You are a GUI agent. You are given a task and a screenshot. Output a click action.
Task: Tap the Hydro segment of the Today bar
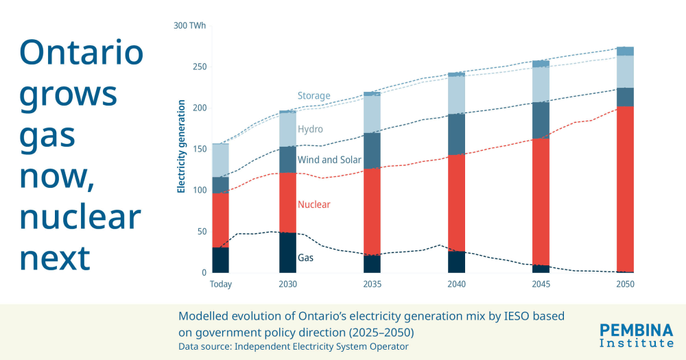tap(221, 160)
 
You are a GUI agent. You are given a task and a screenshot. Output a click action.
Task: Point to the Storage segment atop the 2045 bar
tap(541, 64)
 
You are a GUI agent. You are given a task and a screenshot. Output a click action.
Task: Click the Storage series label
tap(314, 96)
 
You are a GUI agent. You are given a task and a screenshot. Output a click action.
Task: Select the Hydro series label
tap(310, 129)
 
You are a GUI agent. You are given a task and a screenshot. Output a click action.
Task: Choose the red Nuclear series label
tap(314, 204)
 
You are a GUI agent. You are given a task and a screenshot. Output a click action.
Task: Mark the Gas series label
tap(305, 259)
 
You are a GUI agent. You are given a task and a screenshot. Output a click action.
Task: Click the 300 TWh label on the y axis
tap(189, 26)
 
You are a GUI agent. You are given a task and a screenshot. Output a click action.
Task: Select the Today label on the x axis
tap(221, 284)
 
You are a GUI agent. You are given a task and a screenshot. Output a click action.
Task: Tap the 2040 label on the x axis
tap(457, 284)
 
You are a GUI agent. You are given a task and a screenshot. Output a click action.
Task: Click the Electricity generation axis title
tap(182, 147)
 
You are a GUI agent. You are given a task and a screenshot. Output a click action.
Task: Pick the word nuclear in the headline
tap(80, 217)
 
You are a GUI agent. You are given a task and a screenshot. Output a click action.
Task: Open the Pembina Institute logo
tap(636, 334)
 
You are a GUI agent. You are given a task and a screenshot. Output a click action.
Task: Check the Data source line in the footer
tap(294, 346)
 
